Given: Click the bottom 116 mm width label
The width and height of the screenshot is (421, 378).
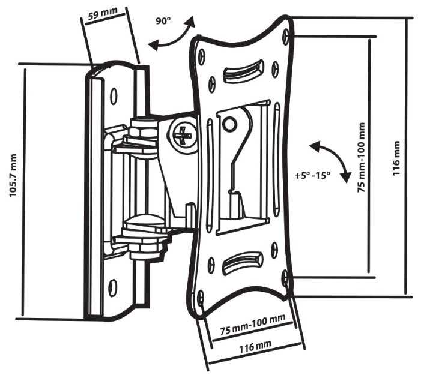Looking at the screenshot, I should pos(255,346).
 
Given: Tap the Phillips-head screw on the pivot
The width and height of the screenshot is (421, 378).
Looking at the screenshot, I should pos(182,137).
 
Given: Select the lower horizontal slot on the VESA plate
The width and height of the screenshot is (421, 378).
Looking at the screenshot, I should pos(242,262).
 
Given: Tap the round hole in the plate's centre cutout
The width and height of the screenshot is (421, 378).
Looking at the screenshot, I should pos(229,125).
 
